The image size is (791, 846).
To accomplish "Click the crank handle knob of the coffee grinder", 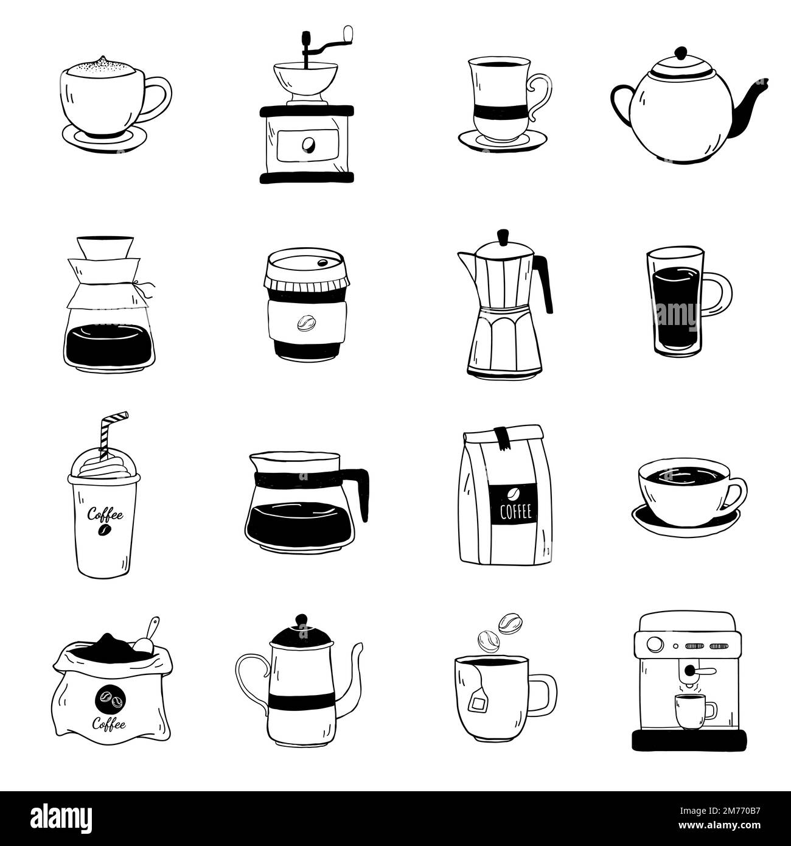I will [348, 32].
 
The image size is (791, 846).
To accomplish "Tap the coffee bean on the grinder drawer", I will [308, 144].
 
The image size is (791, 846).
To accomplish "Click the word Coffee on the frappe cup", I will [105, 515].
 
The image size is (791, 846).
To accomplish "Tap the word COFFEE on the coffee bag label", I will [515, 511].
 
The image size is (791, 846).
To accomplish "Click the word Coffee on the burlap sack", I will [110, 724].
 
